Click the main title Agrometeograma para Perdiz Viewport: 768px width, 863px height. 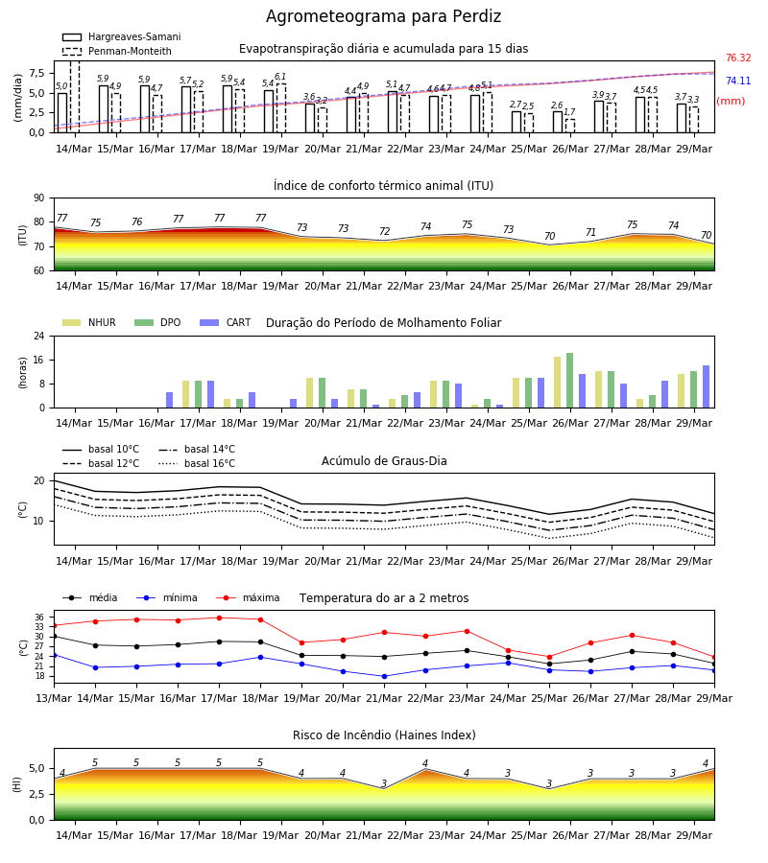click(x=383, y=16)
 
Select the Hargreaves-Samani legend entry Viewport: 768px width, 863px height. click(x=121, y=36)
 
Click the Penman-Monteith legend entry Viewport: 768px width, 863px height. click(x=117, y=51)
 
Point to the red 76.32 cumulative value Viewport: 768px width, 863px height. click(x=738, y=58)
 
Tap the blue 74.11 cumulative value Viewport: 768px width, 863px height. click(x=738, y=81)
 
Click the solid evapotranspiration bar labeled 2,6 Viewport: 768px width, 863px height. click(x=558, y=122)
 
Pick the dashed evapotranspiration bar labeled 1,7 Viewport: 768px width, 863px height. click(x=570, y=126)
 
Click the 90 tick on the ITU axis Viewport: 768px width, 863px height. click(x=38, y=198)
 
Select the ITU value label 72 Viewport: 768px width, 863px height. click(x=385, y=232)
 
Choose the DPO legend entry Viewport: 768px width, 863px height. click(x=157, y=322)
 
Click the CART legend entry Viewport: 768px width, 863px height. click(x=225, y=322)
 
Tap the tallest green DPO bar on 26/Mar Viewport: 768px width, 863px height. click(x=569, y=381)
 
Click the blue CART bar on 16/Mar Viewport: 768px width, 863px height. click(x=170, y=400)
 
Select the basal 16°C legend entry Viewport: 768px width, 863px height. click(x=197, y=463)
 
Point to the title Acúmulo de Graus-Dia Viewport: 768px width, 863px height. click(x=384, y=460)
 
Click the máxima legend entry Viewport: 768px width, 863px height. click(x=248, y=597)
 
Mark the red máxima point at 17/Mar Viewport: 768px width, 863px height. click(x=219, y=618)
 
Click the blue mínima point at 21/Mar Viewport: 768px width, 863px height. click(x=385, y=676)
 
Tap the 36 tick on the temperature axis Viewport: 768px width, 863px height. click(x=39, y=617)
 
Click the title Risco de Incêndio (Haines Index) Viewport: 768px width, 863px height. click(x=384, y=735)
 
